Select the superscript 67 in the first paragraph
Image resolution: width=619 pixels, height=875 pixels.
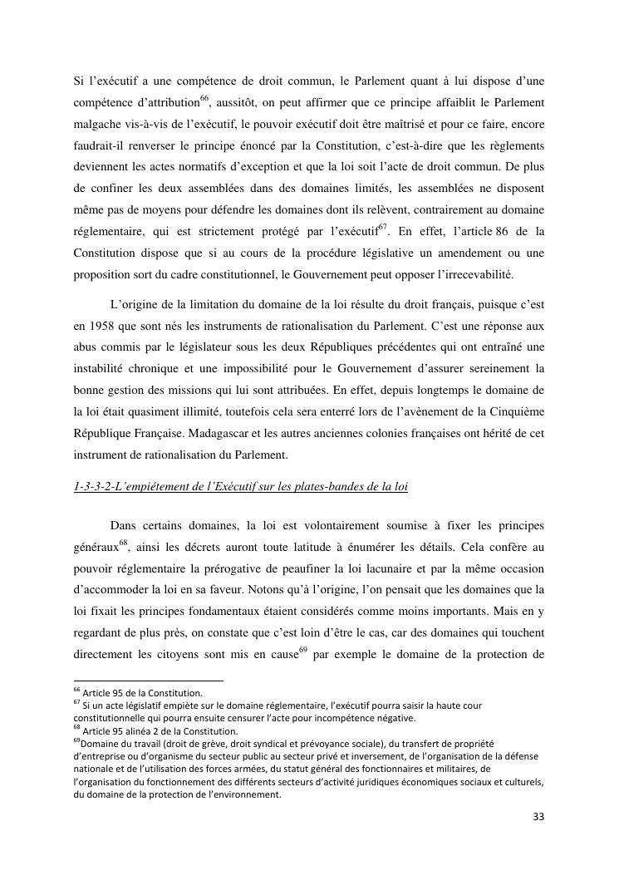383,227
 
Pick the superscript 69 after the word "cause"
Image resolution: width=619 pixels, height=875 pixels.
303,648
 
